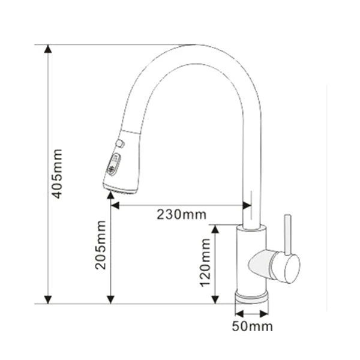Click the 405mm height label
click(x=58, y=175)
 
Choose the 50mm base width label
click(x=253, y=327)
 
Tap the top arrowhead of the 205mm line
click(x=110, y=199)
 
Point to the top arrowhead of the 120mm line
click(x=217, y=229)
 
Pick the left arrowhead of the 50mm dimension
click(x=238, y=313)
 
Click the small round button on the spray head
click(x=120, y=143)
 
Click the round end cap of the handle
click(x=291, y=268)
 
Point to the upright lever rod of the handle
click(x=287, y=234)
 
